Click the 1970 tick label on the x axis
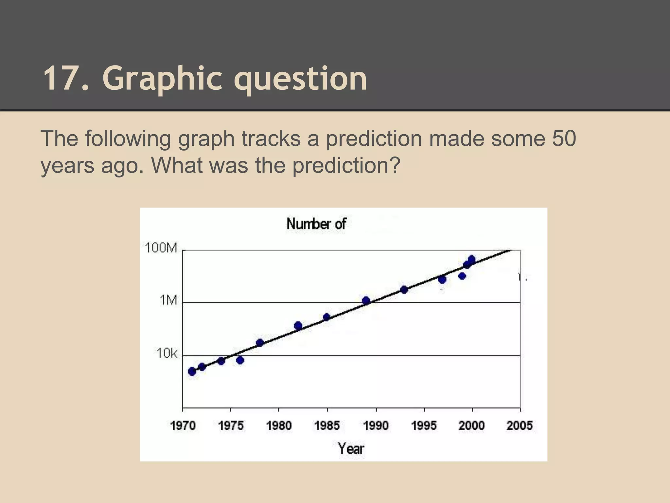183,425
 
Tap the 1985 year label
327,425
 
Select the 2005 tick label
520,425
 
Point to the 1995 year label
424,425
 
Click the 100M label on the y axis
161,248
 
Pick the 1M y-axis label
168,300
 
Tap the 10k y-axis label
167,353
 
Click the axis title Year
351,448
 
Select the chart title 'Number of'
316,224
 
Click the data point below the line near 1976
240,360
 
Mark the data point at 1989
366,301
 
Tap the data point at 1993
404,289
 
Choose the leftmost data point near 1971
192,371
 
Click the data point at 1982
298,326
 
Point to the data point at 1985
326,317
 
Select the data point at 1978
260,343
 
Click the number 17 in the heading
63,79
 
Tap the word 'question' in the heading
300,79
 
